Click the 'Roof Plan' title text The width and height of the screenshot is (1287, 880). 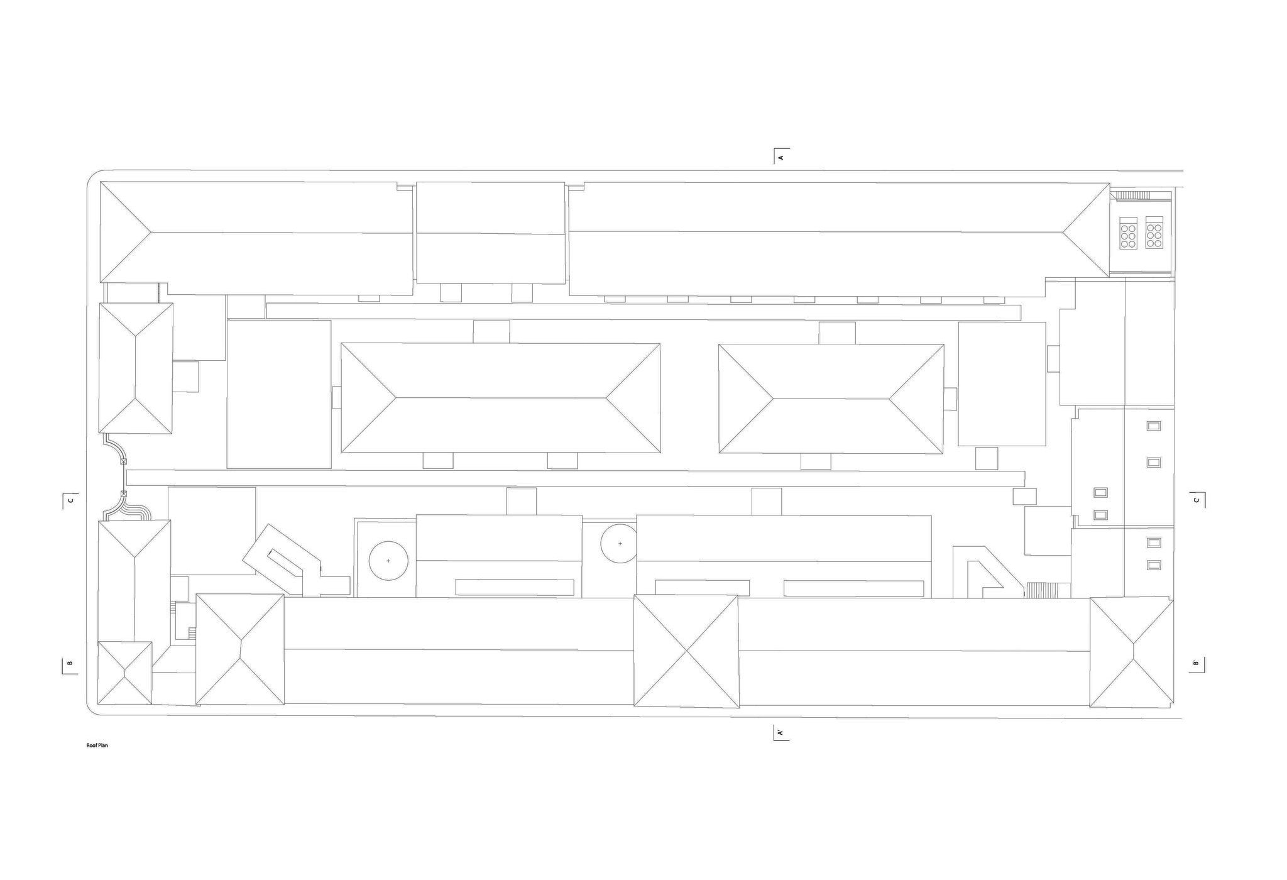(98, 745)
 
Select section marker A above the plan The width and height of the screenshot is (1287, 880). (781, 157)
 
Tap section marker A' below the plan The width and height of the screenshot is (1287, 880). (780, 733)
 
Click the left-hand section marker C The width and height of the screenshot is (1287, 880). (70, 500)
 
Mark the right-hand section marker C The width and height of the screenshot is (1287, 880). (1196, 500)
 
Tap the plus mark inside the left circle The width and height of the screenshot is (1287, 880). (388, 560)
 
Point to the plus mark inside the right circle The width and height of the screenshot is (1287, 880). (620, 543)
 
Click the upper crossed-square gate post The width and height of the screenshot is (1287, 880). (123, 461)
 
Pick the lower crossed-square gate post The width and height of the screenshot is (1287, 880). (123, 493)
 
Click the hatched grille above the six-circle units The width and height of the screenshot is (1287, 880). (1133, 195)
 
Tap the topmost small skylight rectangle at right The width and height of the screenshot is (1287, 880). (1154, 426)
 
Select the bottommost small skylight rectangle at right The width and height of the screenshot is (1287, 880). (1154, 564)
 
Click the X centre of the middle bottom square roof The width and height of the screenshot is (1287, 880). (686, 651)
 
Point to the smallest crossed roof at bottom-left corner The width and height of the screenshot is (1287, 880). (125, 673)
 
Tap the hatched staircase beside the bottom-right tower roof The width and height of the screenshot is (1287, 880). (1042, 590)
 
